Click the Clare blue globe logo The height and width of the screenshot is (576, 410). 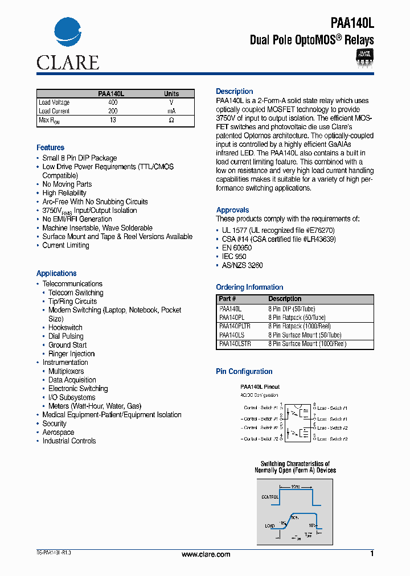[x=68, y=33]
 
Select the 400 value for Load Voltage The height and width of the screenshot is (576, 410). [x=113, y=102]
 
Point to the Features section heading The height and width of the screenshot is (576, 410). [x=50, y=147]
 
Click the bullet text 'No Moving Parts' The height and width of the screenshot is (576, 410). [x=67, y=184]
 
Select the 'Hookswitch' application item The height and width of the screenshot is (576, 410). [x=65, y=328]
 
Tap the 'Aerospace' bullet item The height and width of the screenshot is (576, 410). [x=58, y=433]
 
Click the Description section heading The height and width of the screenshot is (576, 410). [x=234, y=92]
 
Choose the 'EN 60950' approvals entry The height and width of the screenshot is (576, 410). [x=236, y=248]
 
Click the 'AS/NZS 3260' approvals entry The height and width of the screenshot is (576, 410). [x=241, y=266]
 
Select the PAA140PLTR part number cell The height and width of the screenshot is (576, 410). [x=235, y=326]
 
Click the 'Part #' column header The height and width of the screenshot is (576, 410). [x=227, y=299]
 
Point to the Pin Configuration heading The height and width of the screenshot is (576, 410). [x=244, y=372]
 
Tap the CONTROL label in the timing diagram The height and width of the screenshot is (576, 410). [x=270, y=496]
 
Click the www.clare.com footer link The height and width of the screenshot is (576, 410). [x=206, y=554]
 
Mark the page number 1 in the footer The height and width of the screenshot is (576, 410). [x=372, y=554]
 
